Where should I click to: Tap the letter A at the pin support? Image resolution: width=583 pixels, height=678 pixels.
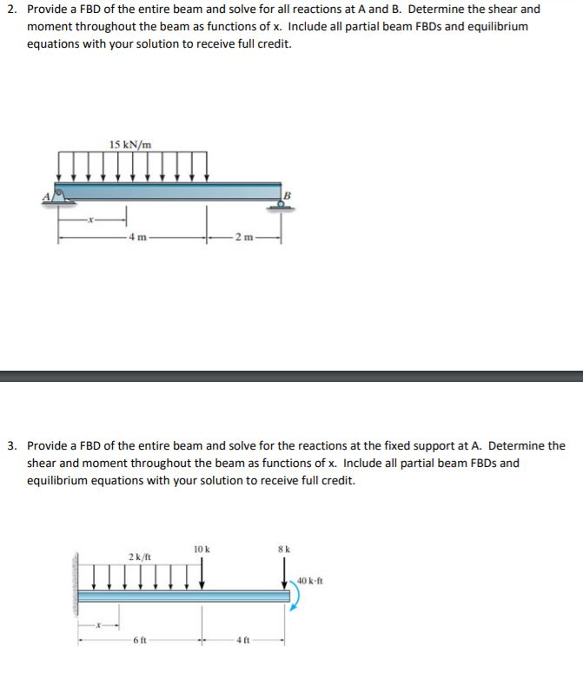pos(48,195)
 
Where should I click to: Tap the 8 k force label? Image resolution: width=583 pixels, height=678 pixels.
pos(282,550)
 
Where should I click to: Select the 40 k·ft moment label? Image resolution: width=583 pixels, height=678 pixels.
pos(309,581)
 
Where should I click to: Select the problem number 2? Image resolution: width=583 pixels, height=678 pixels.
pos(10,10)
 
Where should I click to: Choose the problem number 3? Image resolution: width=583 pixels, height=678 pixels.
pos(10,446)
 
